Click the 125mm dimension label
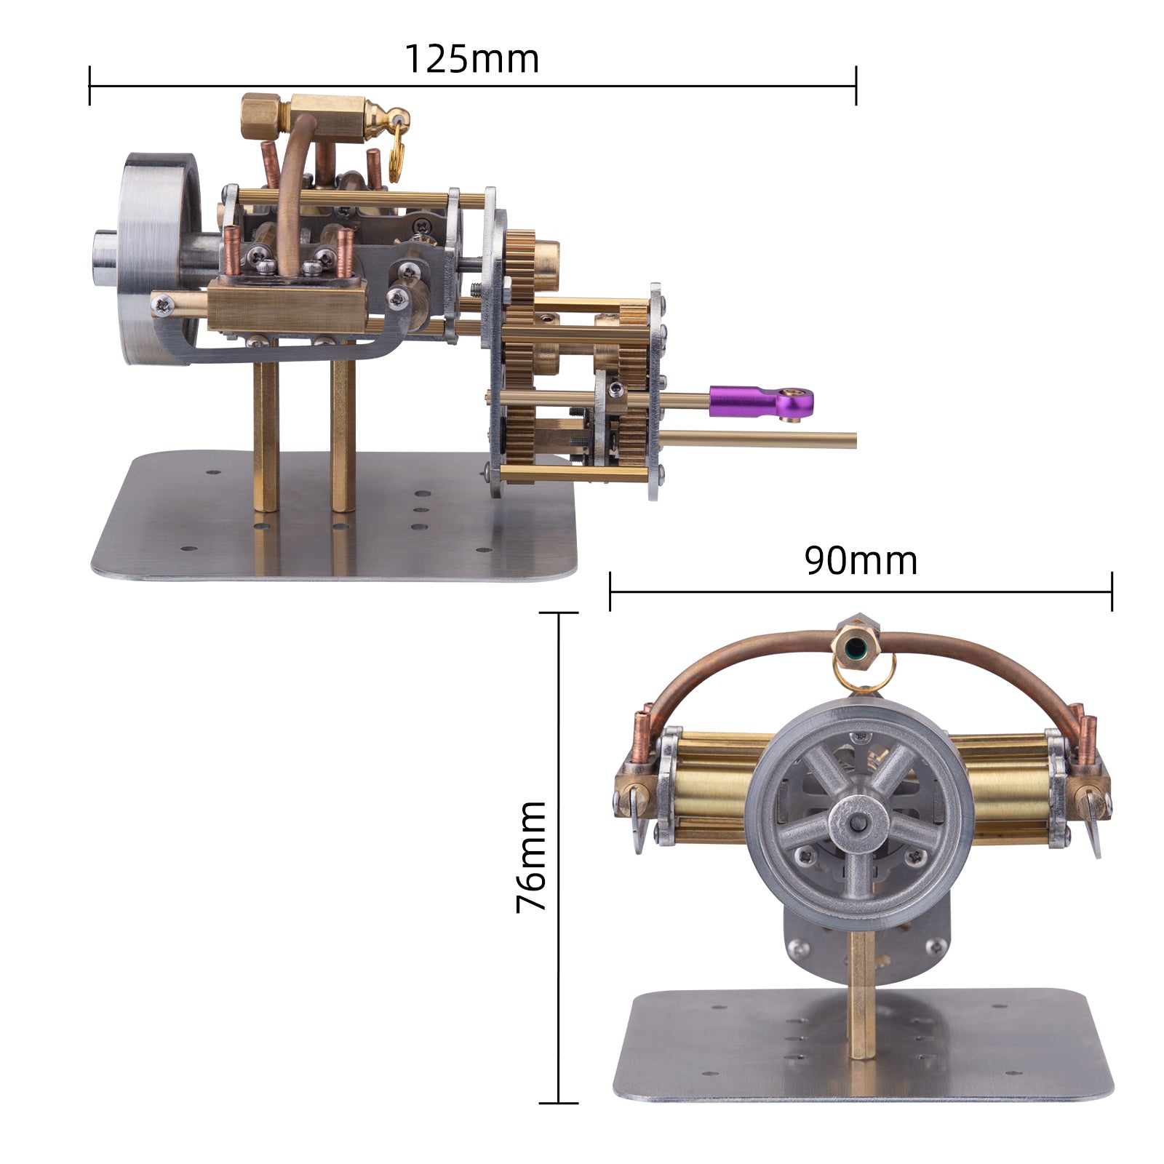point(471,60)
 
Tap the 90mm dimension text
point(861,561)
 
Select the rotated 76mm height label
point(531,856)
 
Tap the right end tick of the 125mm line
point(856,85)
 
